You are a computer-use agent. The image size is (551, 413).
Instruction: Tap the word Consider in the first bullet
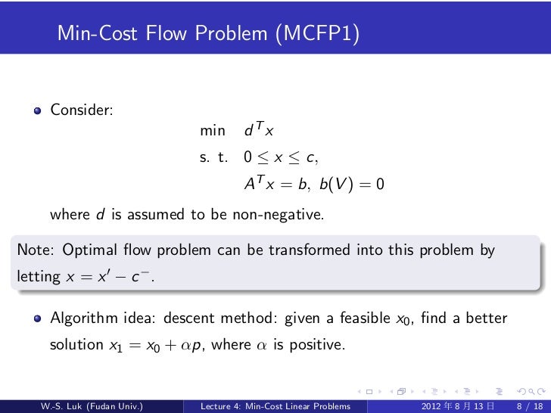click(x=82, y=110)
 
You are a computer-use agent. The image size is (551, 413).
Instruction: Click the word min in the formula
click(x=212, y=132)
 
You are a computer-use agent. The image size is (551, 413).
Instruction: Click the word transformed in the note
click(x=300, y=250)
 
